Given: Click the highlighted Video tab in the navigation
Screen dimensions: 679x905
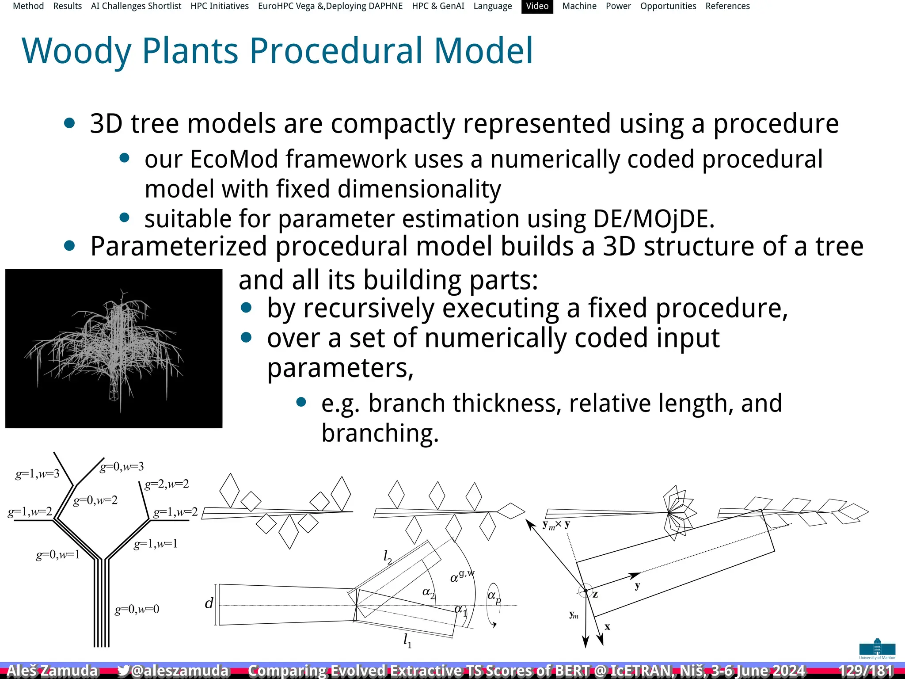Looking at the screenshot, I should tap(537, 6).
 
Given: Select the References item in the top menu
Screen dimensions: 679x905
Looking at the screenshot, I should tap(727, 6).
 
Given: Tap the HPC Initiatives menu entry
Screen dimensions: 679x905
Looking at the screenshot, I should tap(220, 6).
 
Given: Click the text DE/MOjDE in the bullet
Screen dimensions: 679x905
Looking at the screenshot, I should tap(654, 219).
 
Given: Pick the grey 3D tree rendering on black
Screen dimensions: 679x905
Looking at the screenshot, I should tap(114, 348).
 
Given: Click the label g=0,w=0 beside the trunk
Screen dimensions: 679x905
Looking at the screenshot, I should tap(137, 610).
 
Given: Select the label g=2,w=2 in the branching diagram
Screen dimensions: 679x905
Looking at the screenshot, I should tap(167, 484).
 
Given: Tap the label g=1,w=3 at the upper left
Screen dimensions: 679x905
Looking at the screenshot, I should tap(37, 474).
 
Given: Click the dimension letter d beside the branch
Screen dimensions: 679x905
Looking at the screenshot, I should tap(209, 603).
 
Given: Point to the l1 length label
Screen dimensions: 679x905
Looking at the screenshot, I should tap(407, 640).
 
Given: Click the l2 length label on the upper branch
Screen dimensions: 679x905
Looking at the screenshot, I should tap(388, 557).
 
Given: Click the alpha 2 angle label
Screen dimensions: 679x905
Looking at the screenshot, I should tap(428, 593).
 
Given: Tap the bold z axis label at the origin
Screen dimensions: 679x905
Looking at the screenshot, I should tap(595, 595).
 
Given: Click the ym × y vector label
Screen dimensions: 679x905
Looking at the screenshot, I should tap(556, 525).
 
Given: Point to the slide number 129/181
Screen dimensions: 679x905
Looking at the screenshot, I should tap(865, 671).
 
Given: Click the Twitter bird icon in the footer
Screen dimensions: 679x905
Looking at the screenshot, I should tap(124, 671).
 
